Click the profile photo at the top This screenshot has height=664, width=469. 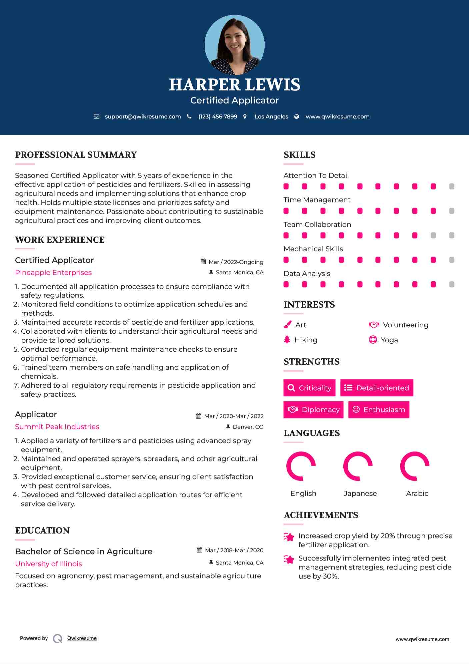click(x=234, y=45)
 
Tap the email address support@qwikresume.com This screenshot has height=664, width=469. click(x=143, y=116)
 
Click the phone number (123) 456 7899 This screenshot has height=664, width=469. click(x=218, y=116)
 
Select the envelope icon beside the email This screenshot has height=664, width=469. click(x=96, y=116)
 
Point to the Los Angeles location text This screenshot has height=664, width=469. click(x=271, y=116)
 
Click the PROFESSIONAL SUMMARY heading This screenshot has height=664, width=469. click(x=76, y=155)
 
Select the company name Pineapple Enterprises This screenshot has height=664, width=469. click(x=53, y=273)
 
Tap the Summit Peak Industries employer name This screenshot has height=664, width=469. click(x=57, y=427)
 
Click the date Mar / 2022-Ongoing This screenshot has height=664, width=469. click(x=236, y=262)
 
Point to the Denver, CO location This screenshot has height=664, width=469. click(x=248, y=427)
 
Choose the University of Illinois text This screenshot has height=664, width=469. click(x=48, y=564)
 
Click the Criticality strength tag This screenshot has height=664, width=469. click(x=309, y=388)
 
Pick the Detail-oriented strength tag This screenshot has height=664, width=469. click(x=377, y=388)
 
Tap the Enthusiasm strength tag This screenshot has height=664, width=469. click(x=379, y=409)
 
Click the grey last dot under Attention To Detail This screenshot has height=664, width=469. click(x=452, y=186)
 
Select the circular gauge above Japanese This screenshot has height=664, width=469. click(x=358, y=466)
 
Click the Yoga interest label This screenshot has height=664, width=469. click(x=389, y=340)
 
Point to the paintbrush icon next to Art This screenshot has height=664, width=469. click(x=287, y=325)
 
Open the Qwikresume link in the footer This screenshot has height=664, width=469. click(x=82, y=638)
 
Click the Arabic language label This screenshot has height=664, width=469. click(x=417, y=493)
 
